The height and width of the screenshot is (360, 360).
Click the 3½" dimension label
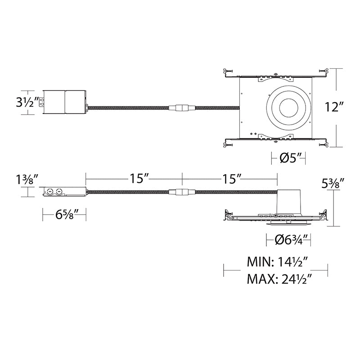(x=27, y=103)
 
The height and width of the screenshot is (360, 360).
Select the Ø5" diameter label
(x=288, y=158)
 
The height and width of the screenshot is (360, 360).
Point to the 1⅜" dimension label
(x=27, y=180)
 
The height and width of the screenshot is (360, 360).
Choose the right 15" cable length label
(x=231, y=178)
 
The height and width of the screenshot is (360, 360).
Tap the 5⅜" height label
(x=333, y=183)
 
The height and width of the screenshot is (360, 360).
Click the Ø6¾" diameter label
(x=288, y=240)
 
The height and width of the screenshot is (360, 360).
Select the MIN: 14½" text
(x=277, y=262)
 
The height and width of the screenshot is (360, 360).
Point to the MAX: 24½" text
(x=279, y=279)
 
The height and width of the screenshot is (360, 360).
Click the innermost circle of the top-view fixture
(x=288, y=108)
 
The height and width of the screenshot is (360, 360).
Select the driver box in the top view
(x=64, y=102)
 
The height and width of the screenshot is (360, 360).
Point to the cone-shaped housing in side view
(x=288, y=201)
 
